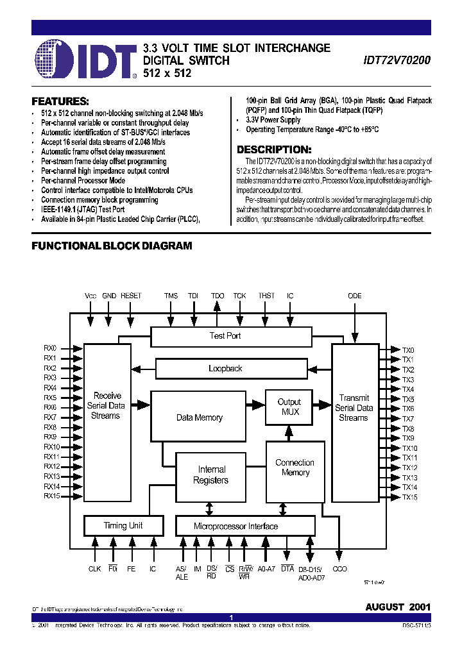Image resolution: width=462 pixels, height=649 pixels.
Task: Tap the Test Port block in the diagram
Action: (225, 336)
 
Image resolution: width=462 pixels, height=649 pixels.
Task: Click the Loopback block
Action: (225, 369)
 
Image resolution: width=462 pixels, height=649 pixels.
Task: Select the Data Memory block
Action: (200, 417)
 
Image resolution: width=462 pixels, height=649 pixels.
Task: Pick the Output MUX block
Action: (289, 407)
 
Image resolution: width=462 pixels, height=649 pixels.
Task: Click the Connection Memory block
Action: (295, 468)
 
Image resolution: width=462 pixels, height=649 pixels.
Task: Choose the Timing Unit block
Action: (123, 526)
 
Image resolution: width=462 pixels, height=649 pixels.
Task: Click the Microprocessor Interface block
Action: (235, 527)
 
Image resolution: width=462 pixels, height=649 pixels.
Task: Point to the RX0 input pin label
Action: (50, 348)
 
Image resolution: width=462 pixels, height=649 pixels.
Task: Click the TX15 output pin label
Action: (409, 497)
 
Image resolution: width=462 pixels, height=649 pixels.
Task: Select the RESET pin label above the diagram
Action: (131, 296)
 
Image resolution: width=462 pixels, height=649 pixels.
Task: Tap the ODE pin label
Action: (354, 296)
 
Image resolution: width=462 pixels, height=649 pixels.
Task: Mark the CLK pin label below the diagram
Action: (95, 569)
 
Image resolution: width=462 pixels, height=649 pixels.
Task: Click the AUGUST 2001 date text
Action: (398, 607)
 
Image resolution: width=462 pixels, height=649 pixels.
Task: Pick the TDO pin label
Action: (218, 296)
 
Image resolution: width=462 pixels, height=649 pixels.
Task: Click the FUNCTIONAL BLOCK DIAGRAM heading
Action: (112, 246)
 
